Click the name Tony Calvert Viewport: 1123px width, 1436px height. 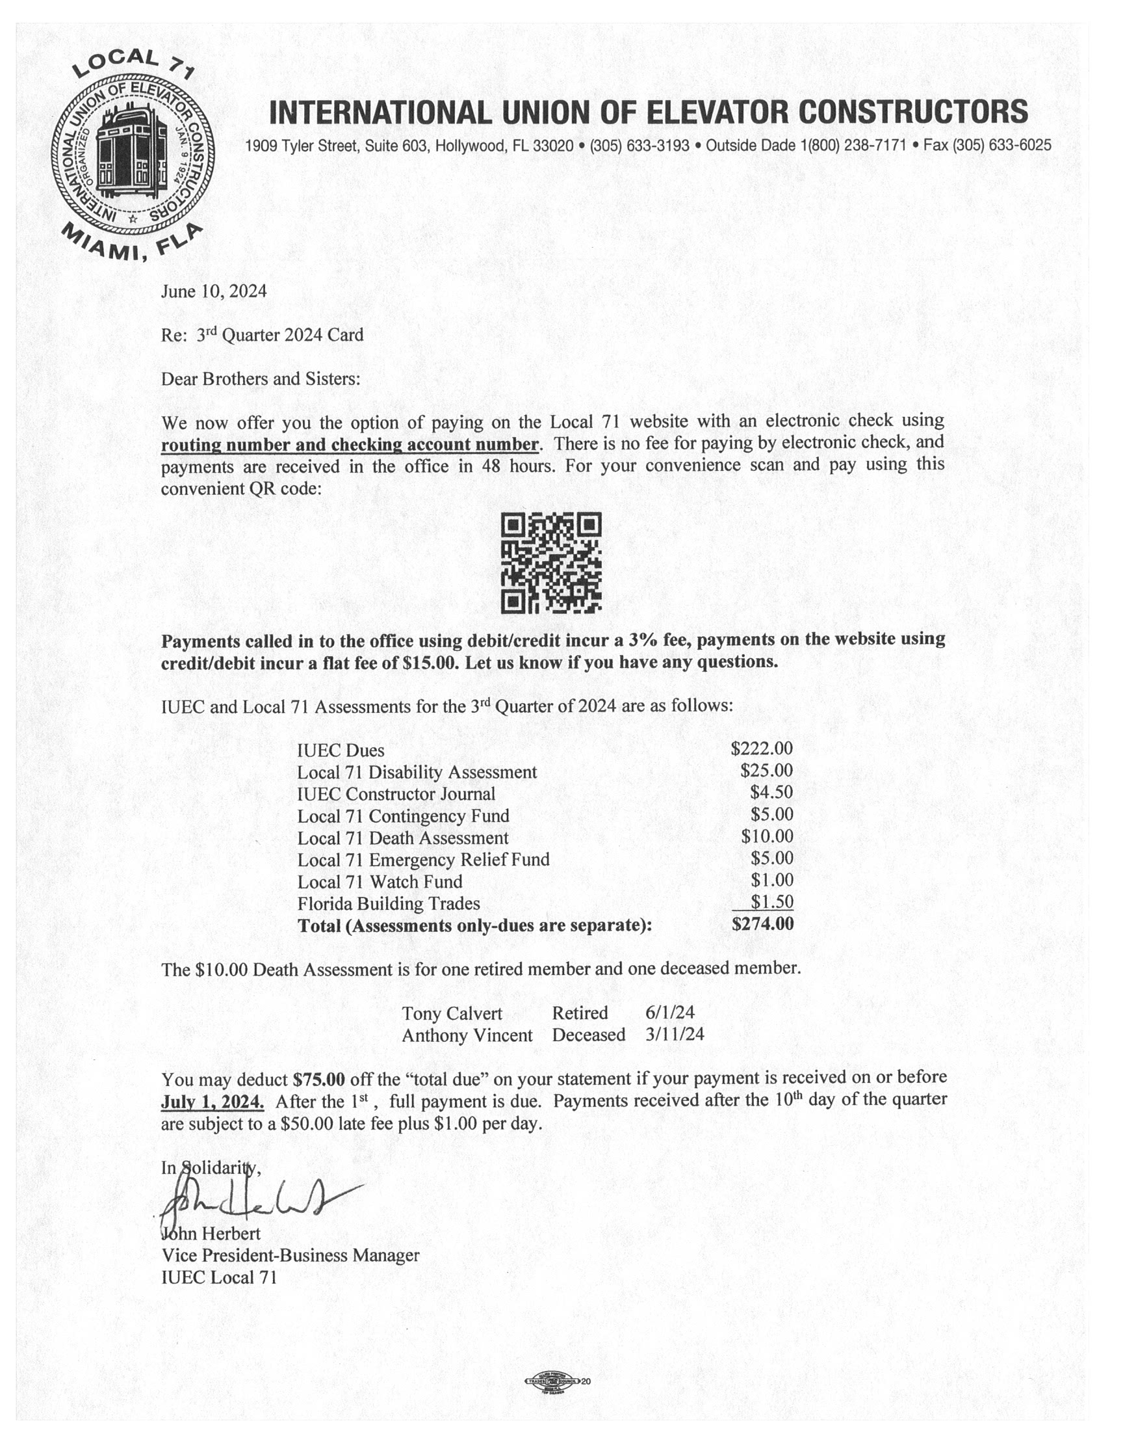(x=452, y=1013)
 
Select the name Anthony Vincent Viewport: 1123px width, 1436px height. (x=467, y=1035)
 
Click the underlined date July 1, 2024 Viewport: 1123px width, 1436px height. (x=213, y=1102)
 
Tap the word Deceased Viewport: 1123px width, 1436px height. (x=588, y=1035)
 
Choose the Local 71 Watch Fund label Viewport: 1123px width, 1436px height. (x=380, y=882)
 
